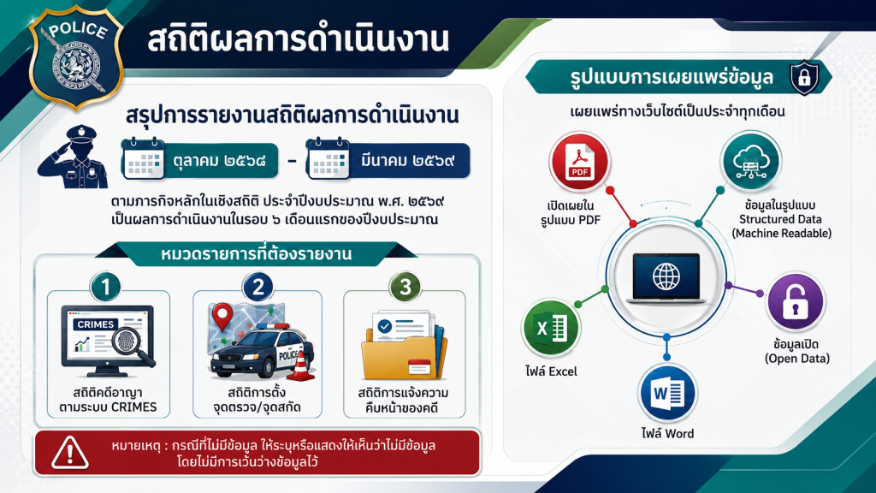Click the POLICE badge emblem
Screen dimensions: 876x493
(76, 57)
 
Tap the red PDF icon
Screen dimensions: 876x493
(579, 163)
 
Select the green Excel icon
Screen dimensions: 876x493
(551, 328)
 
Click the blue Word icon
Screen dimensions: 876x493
(667, 394)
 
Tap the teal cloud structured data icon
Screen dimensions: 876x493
(750, 161)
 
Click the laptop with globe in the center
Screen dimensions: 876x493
(666, 278)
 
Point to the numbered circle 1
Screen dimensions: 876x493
(105, 287)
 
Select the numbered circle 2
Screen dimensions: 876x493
(257, 287)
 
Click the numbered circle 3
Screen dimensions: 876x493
(405, 287)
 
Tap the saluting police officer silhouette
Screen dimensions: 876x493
(74, 157)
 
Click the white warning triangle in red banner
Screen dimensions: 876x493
(70, 453)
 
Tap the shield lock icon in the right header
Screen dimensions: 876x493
(804, 77)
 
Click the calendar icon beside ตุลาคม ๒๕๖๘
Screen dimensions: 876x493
(143, 159)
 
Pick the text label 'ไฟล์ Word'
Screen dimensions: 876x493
(667, 433)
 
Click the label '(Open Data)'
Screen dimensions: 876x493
(797, 359)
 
